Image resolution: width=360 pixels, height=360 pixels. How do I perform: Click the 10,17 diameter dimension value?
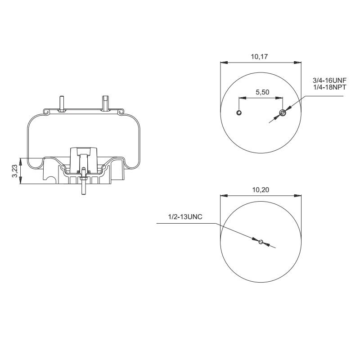[260, 57]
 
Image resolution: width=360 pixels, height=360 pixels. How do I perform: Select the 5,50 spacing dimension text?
[262, 92]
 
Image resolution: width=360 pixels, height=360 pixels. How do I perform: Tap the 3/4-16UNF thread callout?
[329, 81]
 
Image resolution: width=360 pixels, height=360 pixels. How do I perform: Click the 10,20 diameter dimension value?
[260, 190]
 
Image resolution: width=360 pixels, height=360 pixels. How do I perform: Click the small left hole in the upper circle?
[239, 112]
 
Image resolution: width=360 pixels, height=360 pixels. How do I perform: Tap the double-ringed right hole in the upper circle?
[282, 112]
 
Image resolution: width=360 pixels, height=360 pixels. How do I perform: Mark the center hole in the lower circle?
[261, 242]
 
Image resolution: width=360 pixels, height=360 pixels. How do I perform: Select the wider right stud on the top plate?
[105, 103]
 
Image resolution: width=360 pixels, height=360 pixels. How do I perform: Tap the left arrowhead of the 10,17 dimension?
[223, 63]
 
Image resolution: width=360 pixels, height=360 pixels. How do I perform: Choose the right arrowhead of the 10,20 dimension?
[298, 196]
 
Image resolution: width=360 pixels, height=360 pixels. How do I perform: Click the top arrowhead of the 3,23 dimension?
[21, 160]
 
